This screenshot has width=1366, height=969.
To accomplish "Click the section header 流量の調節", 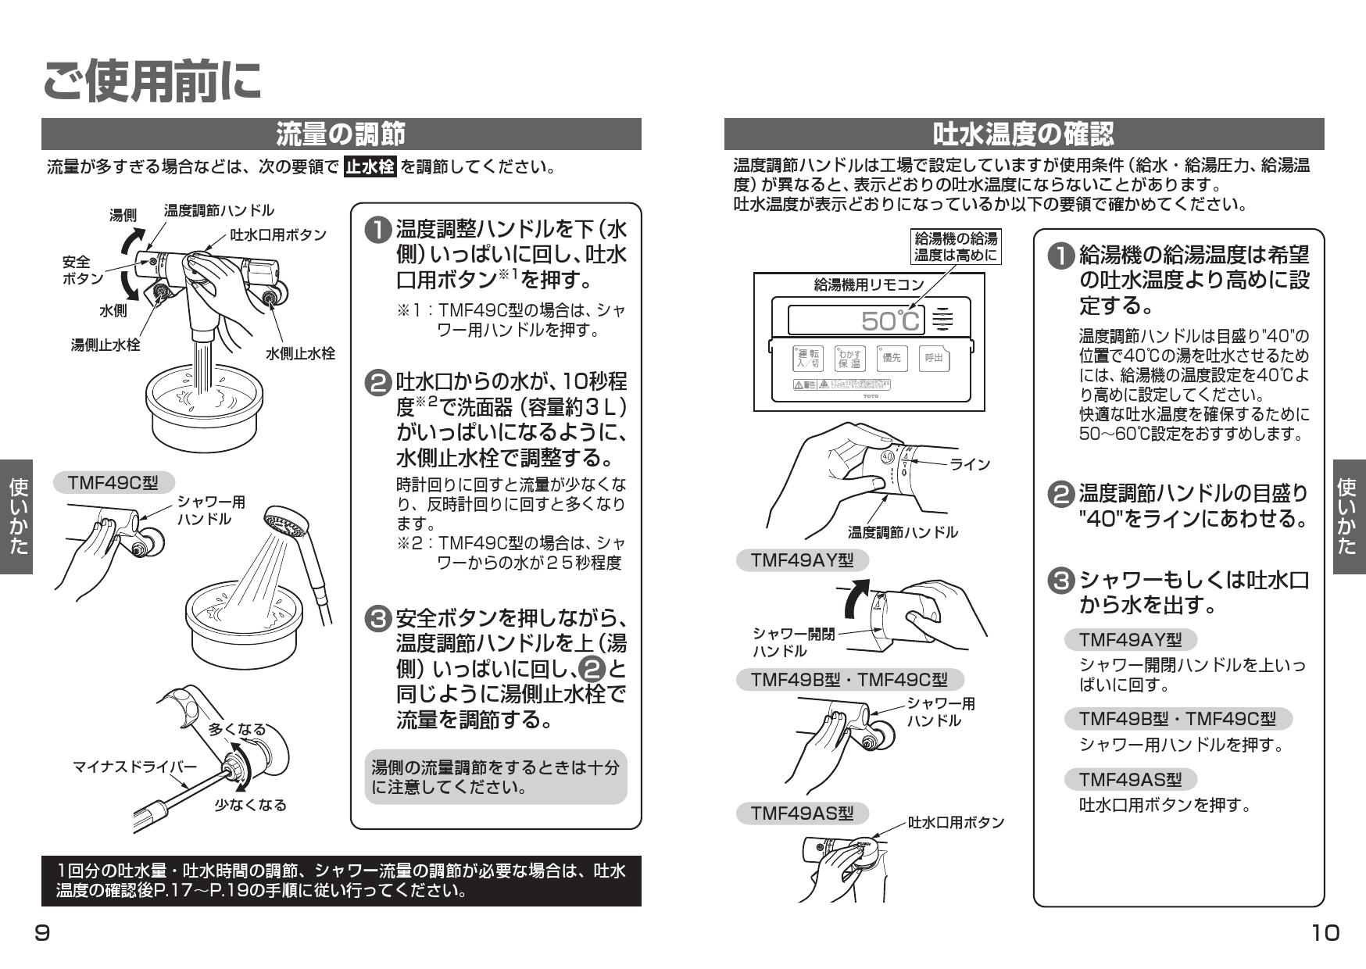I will click(x=341, y=134).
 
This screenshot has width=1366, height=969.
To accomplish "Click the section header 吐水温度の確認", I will click(x=1023, y=134).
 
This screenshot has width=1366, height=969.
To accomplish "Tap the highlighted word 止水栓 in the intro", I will click(x=370, y=167).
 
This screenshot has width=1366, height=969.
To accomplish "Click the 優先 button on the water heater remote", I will click(x=891, y=358).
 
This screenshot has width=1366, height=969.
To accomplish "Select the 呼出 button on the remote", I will click(x=933, y=358).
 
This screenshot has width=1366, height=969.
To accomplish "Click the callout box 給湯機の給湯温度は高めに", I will click(x=956, y=246).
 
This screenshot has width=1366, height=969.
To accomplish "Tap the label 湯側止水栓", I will click(x=105, y=345).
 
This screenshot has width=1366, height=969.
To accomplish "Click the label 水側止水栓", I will click(x=300, y=353).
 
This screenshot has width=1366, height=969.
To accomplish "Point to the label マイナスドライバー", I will click(x=134, y=767).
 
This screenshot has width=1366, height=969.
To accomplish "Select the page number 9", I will click(x=43, y=932).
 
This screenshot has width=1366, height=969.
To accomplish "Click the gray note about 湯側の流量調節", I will click(x=495, y=777).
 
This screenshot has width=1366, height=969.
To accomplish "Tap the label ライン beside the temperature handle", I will click(x=970, y=464).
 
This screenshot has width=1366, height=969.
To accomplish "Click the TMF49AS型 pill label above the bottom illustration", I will click(x=802, y=813).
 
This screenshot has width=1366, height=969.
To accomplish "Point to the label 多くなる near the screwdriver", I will click(x=237, y=729).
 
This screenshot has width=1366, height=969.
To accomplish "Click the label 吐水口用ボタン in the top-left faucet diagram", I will click(x=278, y=234).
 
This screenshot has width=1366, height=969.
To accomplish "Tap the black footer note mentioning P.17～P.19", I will click(x=341, y=881).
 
